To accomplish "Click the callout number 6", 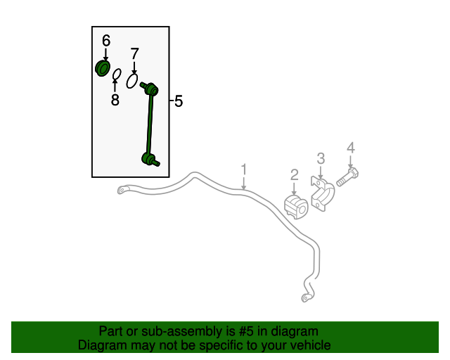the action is (x=106, y=41).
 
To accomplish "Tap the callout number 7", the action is (x=134, y=53).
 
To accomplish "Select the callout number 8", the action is (x=115, y=100).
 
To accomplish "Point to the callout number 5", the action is (x=179, y=101).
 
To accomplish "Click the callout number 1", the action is (x=244, y=169).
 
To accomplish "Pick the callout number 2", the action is (x=295, y=175).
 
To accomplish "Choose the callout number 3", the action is (x=321, y=158).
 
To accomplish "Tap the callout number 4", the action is (x=351, y=148).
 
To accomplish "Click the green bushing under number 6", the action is (x=103, y=68).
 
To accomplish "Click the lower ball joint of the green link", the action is (x=150, y=160).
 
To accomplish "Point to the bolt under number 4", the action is (x=347, y=177).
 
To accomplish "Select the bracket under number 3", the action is (x=322, y=194).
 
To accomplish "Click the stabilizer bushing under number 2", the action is (x=296, y=207).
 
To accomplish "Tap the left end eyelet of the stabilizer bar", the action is (x=122, y=190).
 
